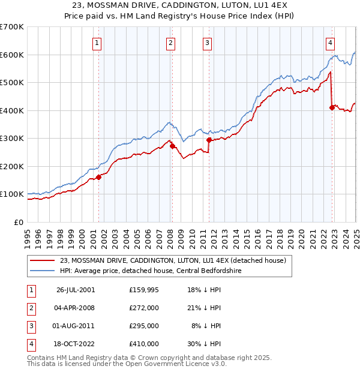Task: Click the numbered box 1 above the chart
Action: (x=97, y=43)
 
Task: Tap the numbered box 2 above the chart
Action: (x=170, y=43)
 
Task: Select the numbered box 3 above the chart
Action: (x=207, y=43)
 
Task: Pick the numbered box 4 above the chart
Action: (x=331, y=43)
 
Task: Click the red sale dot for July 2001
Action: (x=99, y=176)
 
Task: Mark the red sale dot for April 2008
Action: (x=172, y=146)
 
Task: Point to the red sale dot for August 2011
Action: (x=209, y=140)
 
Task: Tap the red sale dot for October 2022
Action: (x=332, y=108)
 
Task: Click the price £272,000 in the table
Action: (x=144, y=308)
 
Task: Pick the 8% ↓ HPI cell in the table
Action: (x=208, y=326)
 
